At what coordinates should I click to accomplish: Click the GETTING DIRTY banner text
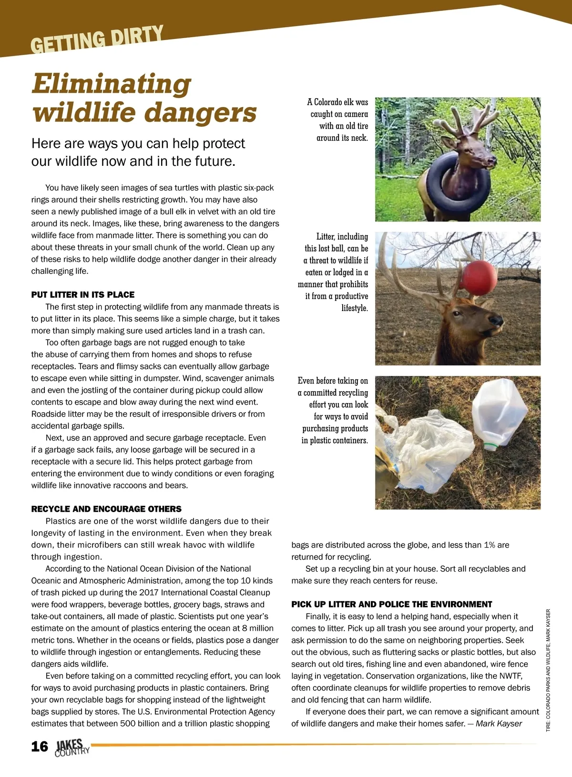tap(97, 39)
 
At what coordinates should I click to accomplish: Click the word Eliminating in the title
tap(112, 84)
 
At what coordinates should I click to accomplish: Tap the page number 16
tap(40, 746)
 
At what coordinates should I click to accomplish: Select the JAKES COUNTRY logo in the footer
tap(71, 747)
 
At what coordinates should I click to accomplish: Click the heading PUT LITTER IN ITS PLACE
tap(83, 294)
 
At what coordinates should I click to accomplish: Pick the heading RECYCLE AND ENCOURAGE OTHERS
tap(106, 509)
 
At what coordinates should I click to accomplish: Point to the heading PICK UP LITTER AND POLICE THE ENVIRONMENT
tap(392, 604)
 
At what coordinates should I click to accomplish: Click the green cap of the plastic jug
tap(490, 446)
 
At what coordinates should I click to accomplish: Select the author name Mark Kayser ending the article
tap(499, 724)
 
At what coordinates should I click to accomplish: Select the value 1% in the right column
tap(489, 545)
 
